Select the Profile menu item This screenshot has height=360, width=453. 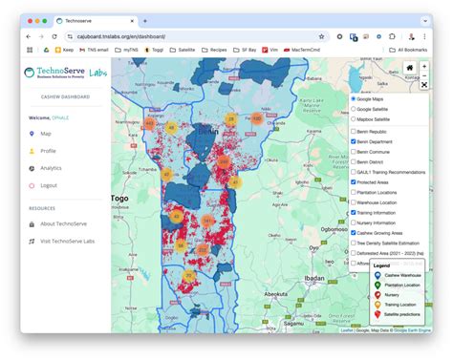(48, 151)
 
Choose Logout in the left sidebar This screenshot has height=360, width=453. (48, 185)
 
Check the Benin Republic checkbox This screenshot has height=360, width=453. (353, 131)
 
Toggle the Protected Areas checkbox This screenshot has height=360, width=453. (353, 182)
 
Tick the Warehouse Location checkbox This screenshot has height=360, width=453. (353, 202)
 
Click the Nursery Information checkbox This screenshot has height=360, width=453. (353, 222)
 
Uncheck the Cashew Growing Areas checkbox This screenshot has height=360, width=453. (353, 233)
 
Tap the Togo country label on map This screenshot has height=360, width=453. (119, 199)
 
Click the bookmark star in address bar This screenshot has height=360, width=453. (321, 36)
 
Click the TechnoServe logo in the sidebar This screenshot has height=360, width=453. (61, 75)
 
